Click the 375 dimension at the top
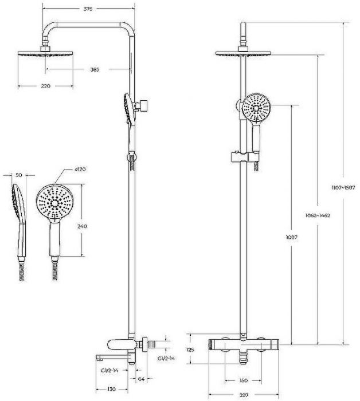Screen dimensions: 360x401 point(88,9)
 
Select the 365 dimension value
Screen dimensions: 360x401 point(95,69)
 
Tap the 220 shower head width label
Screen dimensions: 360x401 point(46,86)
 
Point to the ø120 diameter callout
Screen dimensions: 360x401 point(80,170)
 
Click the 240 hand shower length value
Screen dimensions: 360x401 point(82,226)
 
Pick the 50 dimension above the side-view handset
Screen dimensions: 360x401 point(19,175)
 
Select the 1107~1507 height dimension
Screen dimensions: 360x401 point(343,187)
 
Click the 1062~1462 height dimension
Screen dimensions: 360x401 point(318,215)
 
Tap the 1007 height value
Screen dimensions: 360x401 point(292,237)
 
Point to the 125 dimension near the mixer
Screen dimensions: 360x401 point(190,349)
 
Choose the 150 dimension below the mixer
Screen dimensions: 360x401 point(243,380)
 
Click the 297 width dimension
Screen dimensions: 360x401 point(244,395)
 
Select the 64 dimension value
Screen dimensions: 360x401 point(141,379)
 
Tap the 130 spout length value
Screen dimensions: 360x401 point(112,389)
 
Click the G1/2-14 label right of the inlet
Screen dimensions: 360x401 point(166,358)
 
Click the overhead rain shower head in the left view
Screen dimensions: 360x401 point(45,53)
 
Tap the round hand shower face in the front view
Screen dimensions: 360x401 point(256,107)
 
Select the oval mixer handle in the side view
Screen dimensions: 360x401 point(119,345)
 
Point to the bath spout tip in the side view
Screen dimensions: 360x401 point(97,357)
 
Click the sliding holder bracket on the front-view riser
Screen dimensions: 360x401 point(245,157)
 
